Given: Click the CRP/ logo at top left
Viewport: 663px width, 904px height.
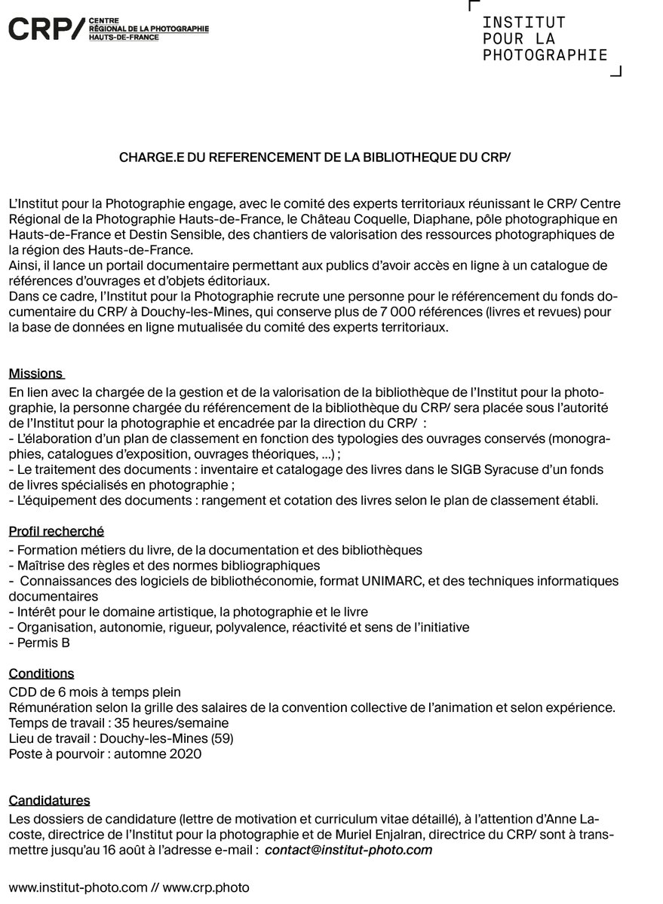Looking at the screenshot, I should [x=45, y=29].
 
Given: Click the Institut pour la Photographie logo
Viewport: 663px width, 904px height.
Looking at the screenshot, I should [x=545, y=38].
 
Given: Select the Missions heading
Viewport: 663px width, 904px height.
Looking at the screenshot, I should [x=35, y=374].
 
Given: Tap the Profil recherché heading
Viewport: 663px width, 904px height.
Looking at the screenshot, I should [x=57, y=532].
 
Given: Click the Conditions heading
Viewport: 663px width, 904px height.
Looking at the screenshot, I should [x=41, y=673].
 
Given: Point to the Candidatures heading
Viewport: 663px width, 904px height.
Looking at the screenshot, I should [x=49, y=800].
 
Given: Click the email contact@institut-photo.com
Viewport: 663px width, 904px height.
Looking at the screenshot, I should [x=348, y=851].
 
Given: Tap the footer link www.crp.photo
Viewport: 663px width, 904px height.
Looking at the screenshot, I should [x=205, y=887].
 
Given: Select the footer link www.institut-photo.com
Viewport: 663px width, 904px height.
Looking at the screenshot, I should [x=78, y=887].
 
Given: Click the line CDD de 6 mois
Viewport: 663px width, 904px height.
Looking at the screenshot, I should [x=95, y=692].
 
